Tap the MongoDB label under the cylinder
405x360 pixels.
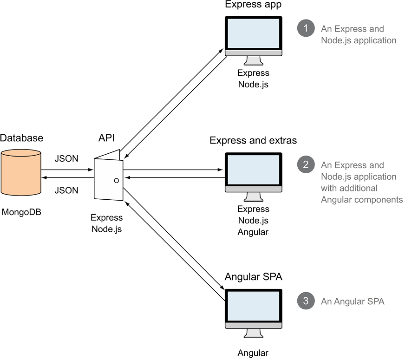pos(20,213)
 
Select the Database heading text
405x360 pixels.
pos(21,138)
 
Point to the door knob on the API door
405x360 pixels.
pos(116,180)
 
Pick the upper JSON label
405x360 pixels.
pos(66,158)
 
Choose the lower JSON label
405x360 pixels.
pos(66,190)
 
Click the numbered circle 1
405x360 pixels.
pos(306,29)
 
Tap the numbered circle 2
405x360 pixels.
pos(306,164)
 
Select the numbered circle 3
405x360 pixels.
pos(306,301)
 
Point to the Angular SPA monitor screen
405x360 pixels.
pos(253,308)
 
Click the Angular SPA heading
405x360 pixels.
pos(254,277)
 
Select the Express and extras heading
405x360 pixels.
pos(253,140)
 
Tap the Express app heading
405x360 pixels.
pos(253,5)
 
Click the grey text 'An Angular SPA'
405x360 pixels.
pos(353,301)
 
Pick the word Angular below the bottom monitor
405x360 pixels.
pos(253,353)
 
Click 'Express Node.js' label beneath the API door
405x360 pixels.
pos(107,223)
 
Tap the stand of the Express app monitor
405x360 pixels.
pos(253,61)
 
